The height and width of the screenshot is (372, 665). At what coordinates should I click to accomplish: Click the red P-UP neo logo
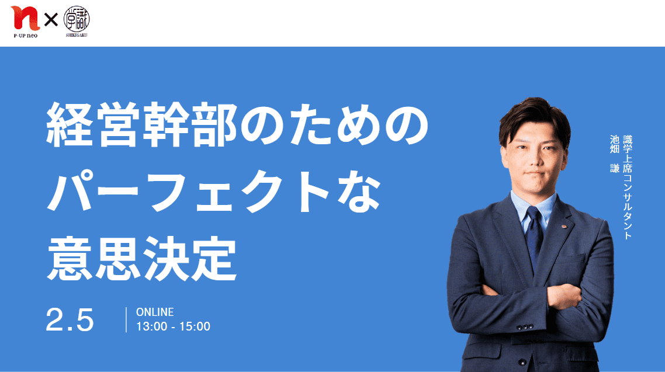point(25,19)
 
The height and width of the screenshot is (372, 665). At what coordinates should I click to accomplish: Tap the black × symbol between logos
point(51,19)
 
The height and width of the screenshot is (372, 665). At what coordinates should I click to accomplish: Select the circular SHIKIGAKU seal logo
point(77,19)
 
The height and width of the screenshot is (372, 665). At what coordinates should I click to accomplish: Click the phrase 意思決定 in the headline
point(141,258)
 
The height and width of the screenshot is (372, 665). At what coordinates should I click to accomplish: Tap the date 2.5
point(70,320)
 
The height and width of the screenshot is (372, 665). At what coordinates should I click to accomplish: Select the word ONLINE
point(155,312)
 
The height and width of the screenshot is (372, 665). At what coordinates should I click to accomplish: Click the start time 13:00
point(151,326)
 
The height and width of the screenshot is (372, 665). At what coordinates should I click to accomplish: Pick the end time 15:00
point(195,326)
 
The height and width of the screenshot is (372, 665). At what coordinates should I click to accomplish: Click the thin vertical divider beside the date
point(126,320)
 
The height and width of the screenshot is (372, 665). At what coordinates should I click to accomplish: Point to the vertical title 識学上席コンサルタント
point(628,187)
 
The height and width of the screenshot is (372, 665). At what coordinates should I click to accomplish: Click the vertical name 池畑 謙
point(615,154)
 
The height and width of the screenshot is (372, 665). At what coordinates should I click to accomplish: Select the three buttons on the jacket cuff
point(525,327)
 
